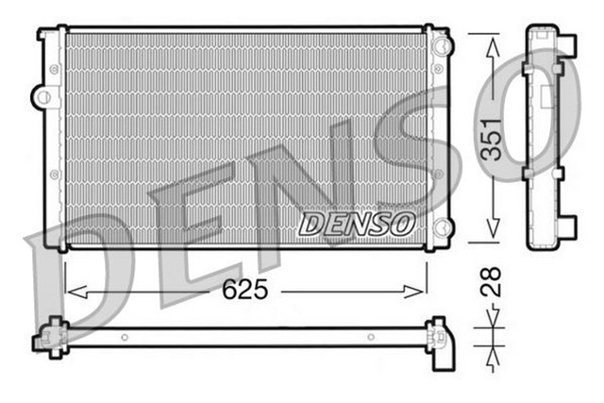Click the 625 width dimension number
[x=244, y=291]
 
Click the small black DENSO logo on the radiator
[x=356, y=224]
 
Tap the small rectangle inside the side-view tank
[x=545, y=94]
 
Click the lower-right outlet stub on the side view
[x=567, y=227]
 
